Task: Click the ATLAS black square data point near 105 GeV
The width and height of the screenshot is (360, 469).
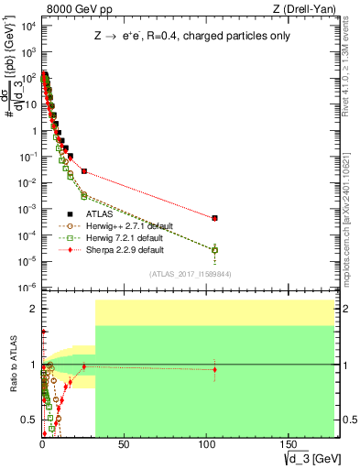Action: click(214, 218)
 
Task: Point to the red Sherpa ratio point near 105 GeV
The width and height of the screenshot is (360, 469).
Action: click(214, 370)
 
